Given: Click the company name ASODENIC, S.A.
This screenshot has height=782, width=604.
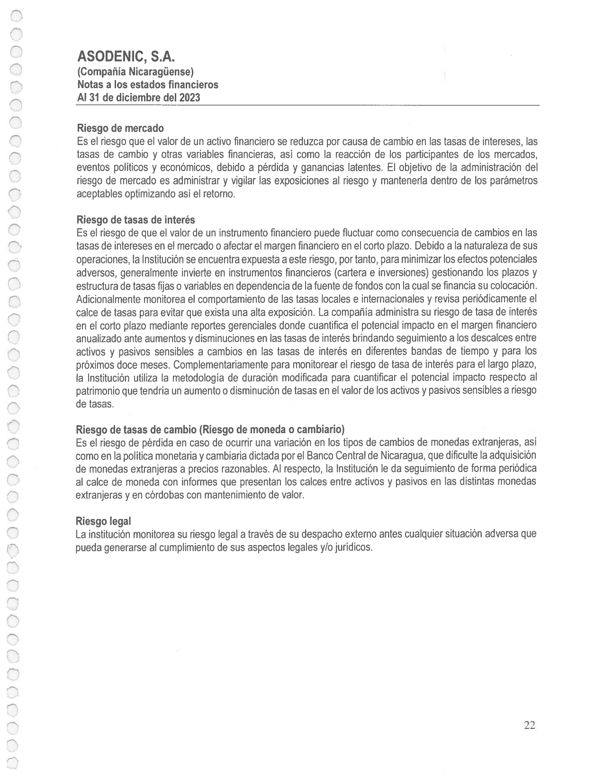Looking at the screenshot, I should point(126,57).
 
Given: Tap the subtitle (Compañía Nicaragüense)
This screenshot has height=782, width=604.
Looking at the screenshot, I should point(135,72).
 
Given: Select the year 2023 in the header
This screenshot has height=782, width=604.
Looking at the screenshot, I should point(189,98).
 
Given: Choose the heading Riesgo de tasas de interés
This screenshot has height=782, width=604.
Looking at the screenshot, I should point(135,220).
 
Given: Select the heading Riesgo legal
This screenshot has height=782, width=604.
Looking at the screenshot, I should point(103,521).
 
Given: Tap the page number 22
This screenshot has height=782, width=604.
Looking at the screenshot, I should point(530,725).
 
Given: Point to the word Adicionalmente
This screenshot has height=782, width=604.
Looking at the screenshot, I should point(106,300).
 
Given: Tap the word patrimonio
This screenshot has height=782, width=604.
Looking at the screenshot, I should point(98,391).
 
